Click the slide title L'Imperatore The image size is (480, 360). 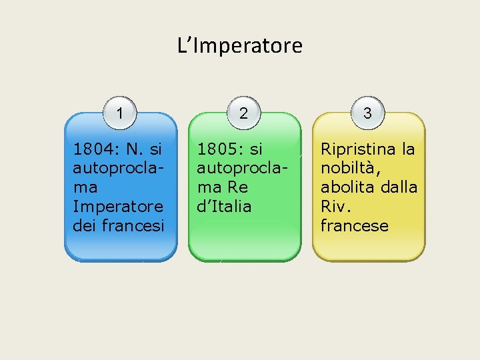[x=240, y=46]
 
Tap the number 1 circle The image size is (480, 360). [x=119, y=113]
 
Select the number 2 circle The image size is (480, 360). [x=243, y=113]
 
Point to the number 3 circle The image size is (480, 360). [x=367, y=113]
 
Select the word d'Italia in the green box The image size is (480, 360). [x=224, y=207]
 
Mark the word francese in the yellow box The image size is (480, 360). [x=354, y=226]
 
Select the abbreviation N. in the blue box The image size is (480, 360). [x=139, y=149]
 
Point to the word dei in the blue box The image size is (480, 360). [x=84, y=226]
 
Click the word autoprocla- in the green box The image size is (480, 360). [x=242, y=168]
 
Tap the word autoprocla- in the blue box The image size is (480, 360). [x=118, y=168]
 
